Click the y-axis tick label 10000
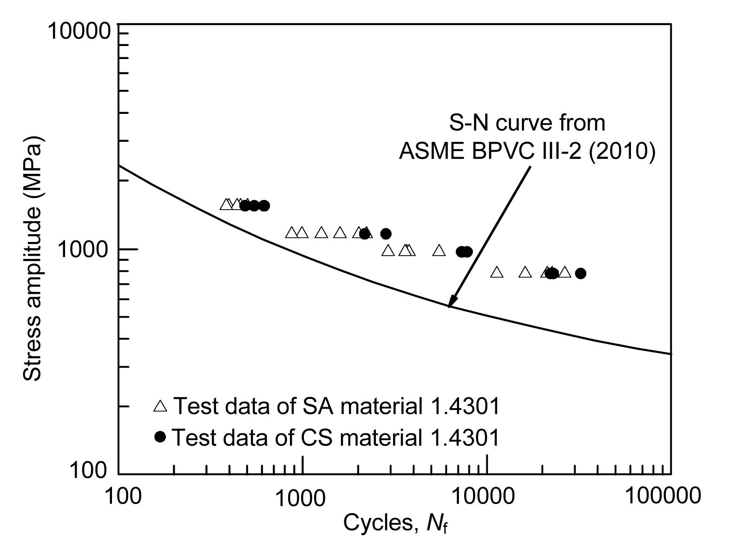coord(79,31)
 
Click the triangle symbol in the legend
coord(160,406)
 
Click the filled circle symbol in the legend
coord(160,437)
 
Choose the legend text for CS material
coord(336,437)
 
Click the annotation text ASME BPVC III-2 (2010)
coord(527,151)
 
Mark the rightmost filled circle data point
coord(580,273)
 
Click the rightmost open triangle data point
coord(565,272)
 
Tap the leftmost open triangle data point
coord(226,204)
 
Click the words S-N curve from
coord(527,123)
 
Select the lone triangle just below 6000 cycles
coord(439,251)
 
